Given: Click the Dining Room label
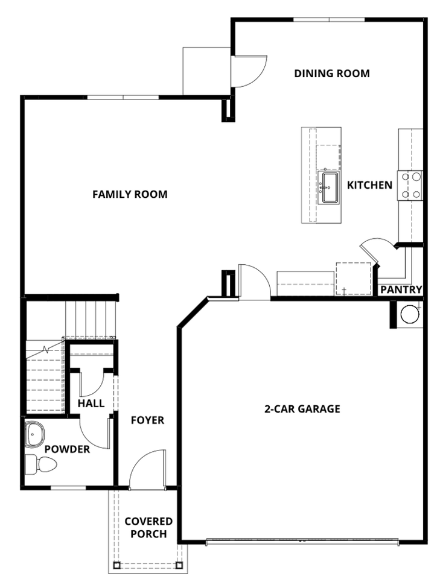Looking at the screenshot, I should [x=331, y=74].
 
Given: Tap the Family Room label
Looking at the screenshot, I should [x=130, y=194].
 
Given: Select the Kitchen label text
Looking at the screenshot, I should [x=369, y=185].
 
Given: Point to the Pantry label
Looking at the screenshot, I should [x=401, y=290].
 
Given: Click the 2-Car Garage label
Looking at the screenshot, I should [x=302, y=409].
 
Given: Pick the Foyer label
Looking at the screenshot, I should [x=147, y=420].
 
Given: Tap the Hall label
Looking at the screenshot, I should [x=91, y=403].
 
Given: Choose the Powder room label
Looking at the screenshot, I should [x=67, y=449].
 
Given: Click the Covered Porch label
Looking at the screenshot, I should [x=148, y=527].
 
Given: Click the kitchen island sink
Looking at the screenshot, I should [x=330, y=188].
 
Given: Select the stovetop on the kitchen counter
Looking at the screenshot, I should [x=409, y=185].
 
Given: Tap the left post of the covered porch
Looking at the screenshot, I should [x=116, y=565].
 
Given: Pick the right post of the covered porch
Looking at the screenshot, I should [x=179, y=565].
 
